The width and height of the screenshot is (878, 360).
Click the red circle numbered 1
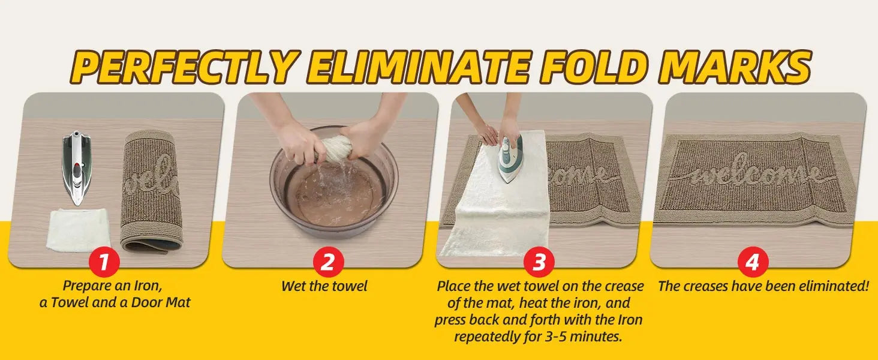tap(104, 262)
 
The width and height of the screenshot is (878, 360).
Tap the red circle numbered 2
tap(328, 262)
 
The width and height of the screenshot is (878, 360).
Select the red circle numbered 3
tap(539, 262)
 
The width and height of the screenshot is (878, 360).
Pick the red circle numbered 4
tap(753, 262)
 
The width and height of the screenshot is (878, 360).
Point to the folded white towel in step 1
tap(78, 230)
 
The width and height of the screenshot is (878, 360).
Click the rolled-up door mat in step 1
tap(151, 191)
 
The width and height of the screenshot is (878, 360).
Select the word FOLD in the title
tap(592, 67)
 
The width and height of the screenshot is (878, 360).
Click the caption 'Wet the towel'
tap(324, 286)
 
